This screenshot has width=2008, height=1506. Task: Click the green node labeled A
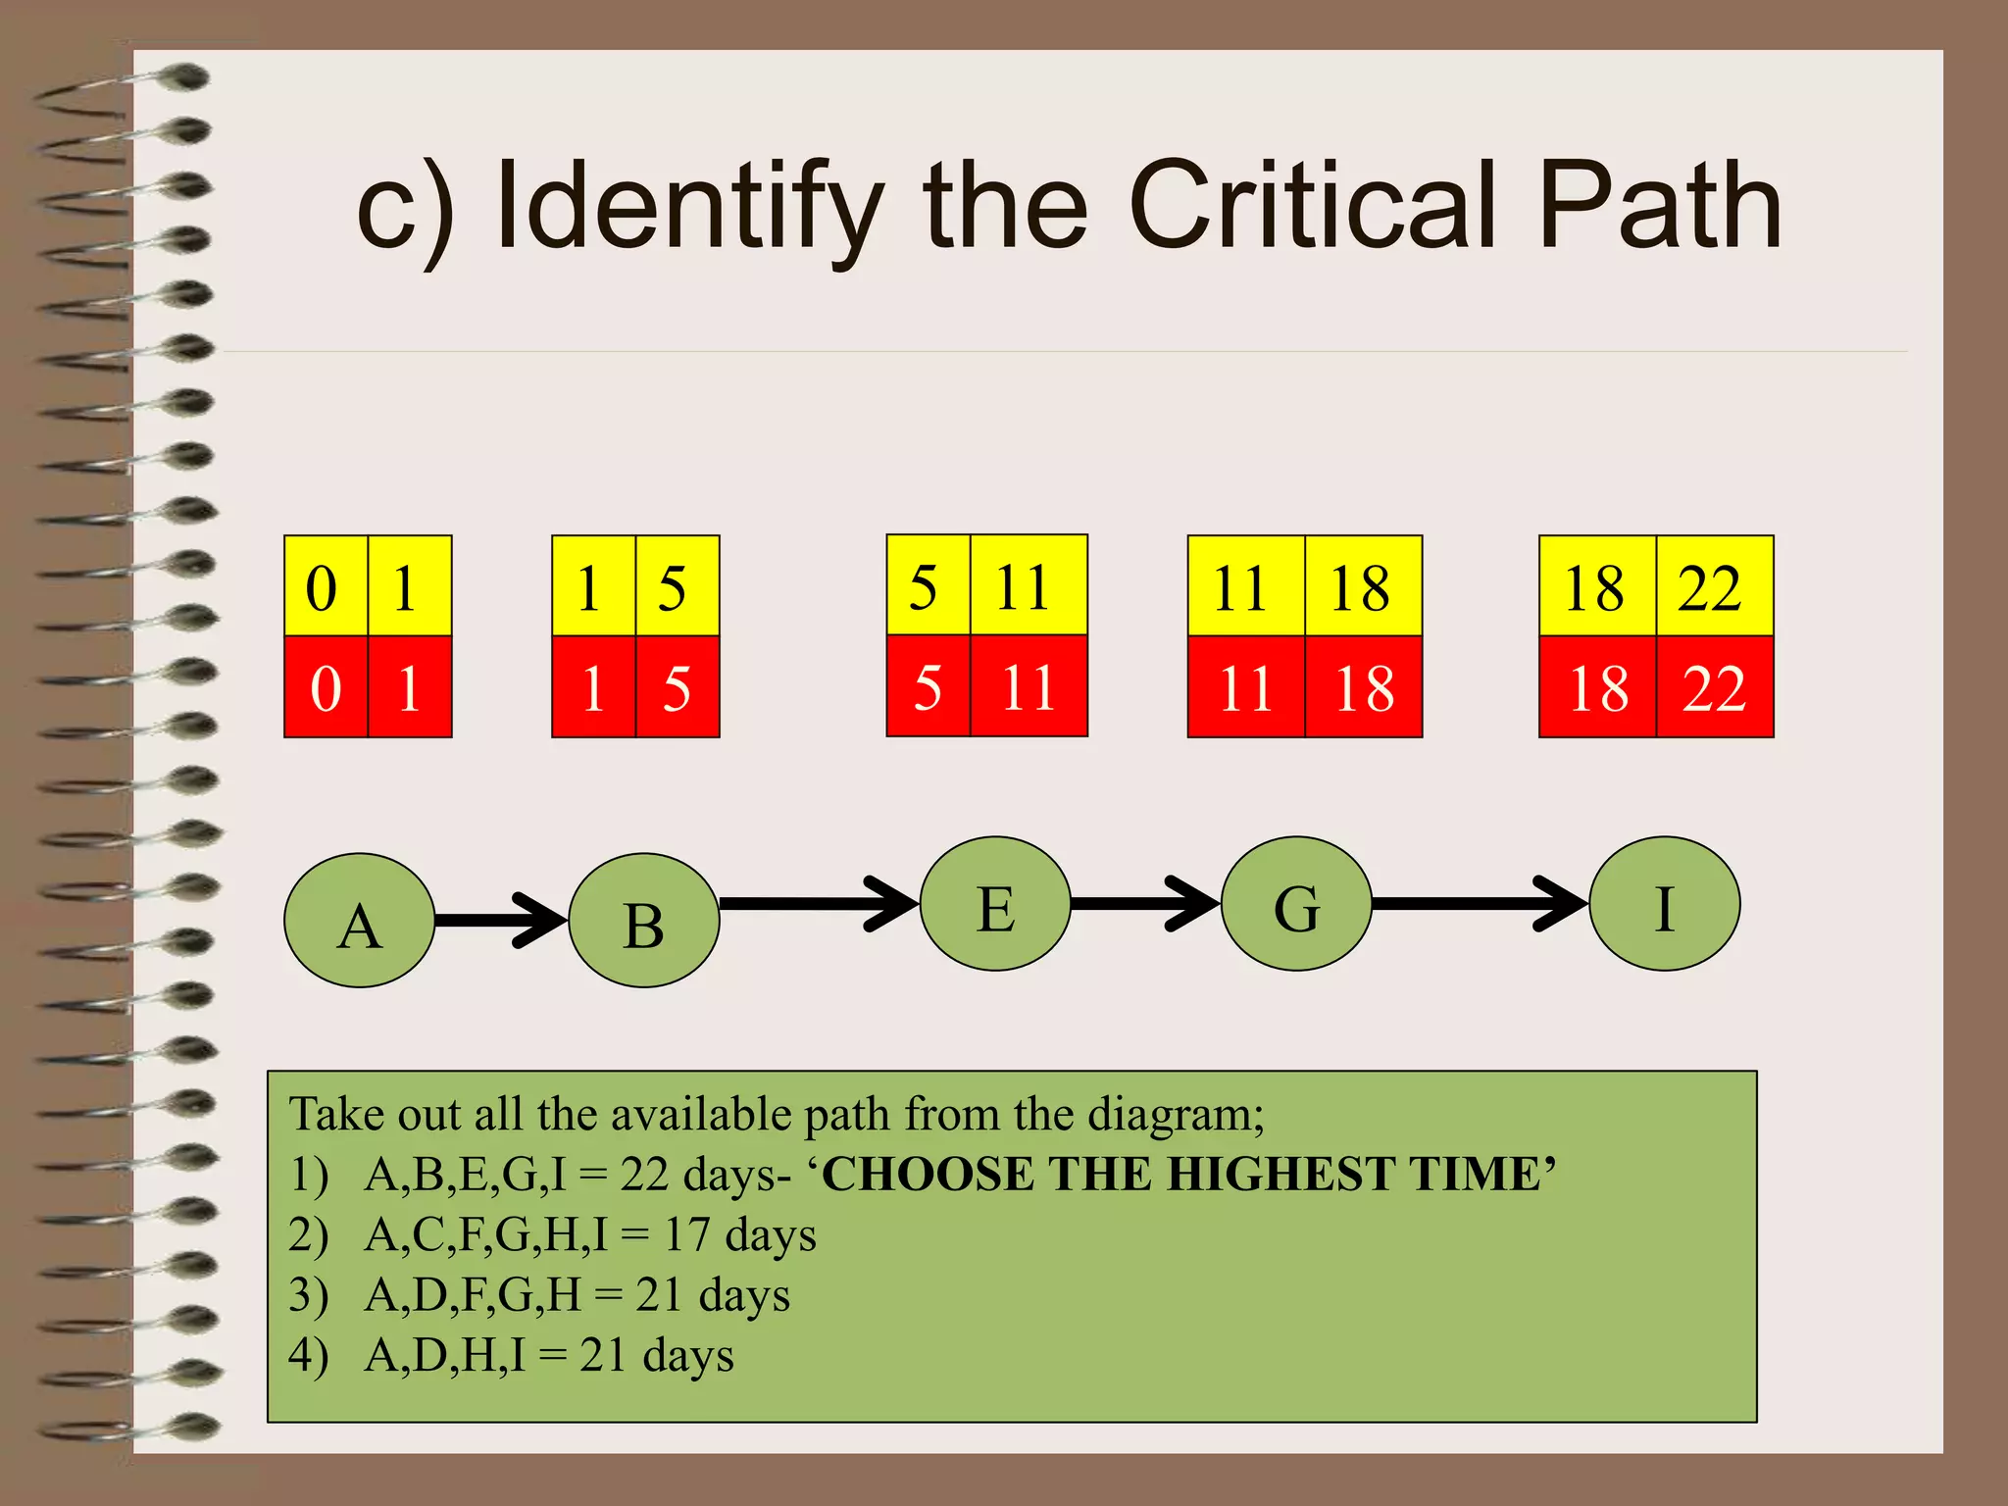click(x=359, y=920)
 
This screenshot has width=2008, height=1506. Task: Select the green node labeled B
click(x=643, y=920)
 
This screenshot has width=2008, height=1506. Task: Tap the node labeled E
click(x=995, y=903)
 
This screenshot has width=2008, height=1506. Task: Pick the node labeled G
click(x=1296, y=903)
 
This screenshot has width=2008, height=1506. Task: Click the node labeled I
click(x=1664, y=903)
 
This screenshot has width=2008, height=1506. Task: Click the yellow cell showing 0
click(x=326, y=586)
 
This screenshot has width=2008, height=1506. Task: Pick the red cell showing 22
click(x=1714, y=687)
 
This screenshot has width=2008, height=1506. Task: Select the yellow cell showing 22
click(x=1714, y=586)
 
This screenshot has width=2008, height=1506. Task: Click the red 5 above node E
click(x=928, y=686)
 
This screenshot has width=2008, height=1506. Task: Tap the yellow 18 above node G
click(x=1362, y=586)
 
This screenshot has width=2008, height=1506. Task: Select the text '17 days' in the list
click(x=739, y=1234)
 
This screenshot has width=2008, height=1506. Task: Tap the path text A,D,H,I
click(x=444, y=1355)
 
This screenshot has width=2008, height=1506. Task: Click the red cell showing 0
click(x=326, y=687)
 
